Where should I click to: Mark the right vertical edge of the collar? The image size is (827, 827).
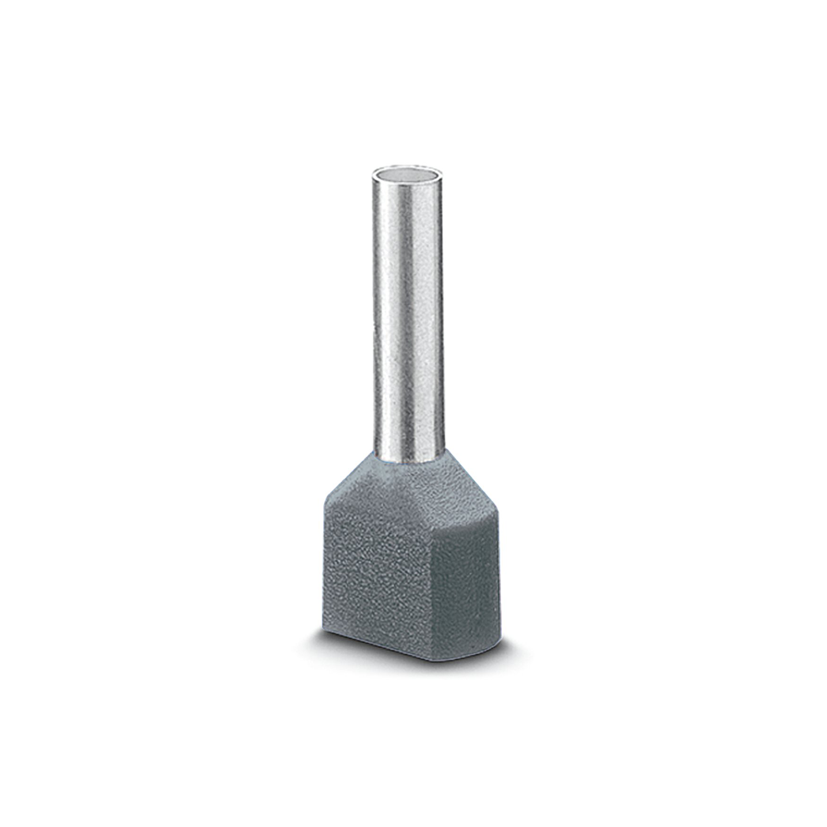click(x=502, y=568)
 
